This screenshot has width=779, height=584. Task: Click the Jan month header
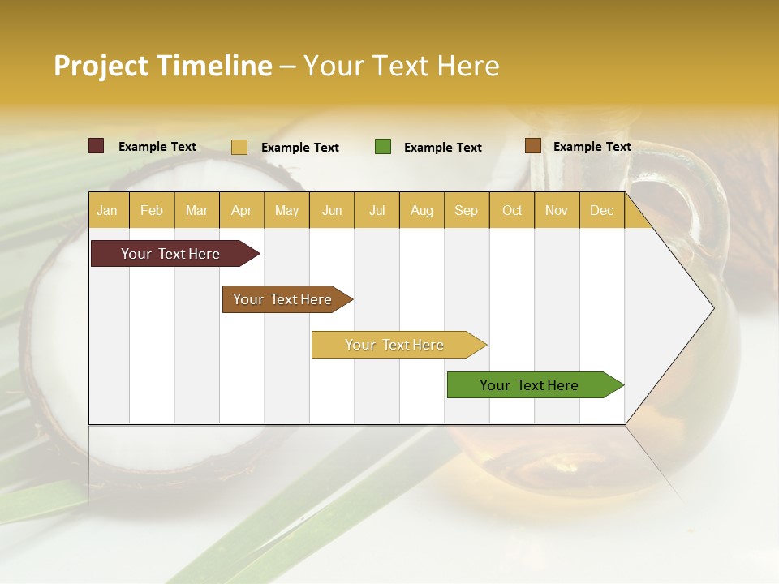tap(107, 210)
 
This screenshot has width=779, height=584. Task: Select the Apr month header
tap(242, 210)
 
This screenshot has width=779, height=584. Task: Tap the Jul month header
tap(377, 210)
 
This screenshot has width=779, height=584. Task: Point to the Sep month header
tap(466, 210)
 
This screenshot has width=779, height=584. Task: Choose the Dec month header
tap(601, 210)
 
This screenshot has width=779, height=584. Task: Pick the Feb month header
tap(152, 210)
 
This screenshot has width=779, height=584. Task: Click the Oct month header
tap(512, 210)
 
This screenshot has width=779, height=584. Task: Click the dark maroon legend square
tap(96, 146)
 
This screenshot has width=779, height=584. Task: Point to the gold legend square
tap(239, 147)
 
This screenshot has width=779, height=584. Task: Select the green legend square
tap(383, 147)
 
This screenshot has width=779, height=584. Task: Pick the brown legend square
tap(532, 146)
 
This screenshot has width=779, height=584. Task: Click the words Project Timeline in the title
tap(162, 66)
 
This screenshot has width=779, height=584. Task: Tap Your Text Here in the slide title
tap(401, 66)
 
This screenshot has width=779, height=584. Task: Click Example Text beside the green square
tap(443, 148)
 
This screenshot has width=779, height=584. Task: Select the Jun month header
tap(332, 210)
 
